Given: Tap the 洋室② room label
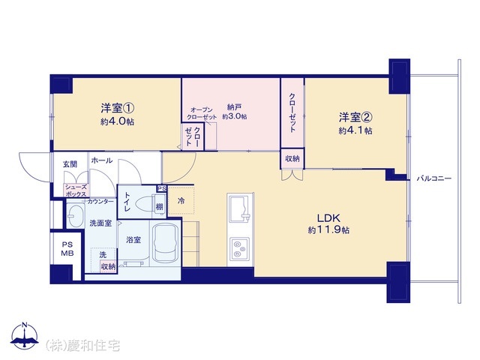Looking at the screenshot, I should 355,117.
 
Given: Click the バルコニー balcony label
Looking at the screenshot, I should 434,178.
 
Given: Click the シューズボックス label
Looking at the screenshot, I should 76,190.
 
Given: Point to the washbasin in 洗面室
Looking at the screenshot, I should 75,217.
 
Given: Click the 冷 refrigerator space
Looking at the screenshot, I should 182,200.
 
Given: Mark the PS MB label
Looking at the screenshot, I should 67,248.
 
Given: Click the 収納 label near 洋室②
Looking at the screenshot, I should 292,159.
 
